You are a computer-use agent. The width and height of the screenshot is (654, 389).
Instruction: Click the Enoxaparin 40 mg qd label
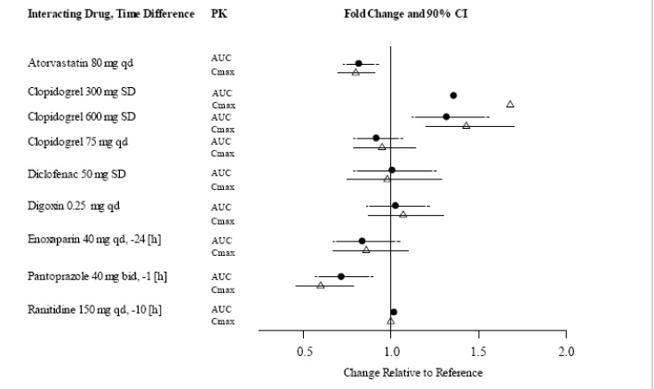coord(88,240)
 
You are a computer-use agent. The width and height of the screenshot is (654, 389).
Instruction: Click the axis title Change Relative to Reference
coord(413,372)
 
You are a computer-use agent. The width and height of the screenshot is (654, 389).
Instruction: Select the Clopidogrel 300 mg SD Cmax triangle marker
coord(510,104)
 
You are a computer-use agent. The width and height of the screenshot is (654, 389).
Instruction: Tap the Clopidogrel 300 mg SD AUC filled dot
coord(453,94)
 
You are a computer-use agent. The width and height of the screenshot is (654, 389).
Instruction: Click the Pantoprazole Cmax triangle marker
coord(321,285)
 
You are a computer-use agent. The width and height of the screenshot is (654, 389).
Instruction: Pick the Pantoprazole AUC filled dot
coord(341,276)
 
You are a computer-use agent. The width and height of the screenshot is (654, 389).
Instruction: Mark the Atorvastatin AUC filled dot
coord(358,63)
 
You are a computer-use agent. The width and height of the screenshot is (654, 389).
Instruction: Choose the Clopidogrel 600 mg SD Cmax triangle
coord(466,125)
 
